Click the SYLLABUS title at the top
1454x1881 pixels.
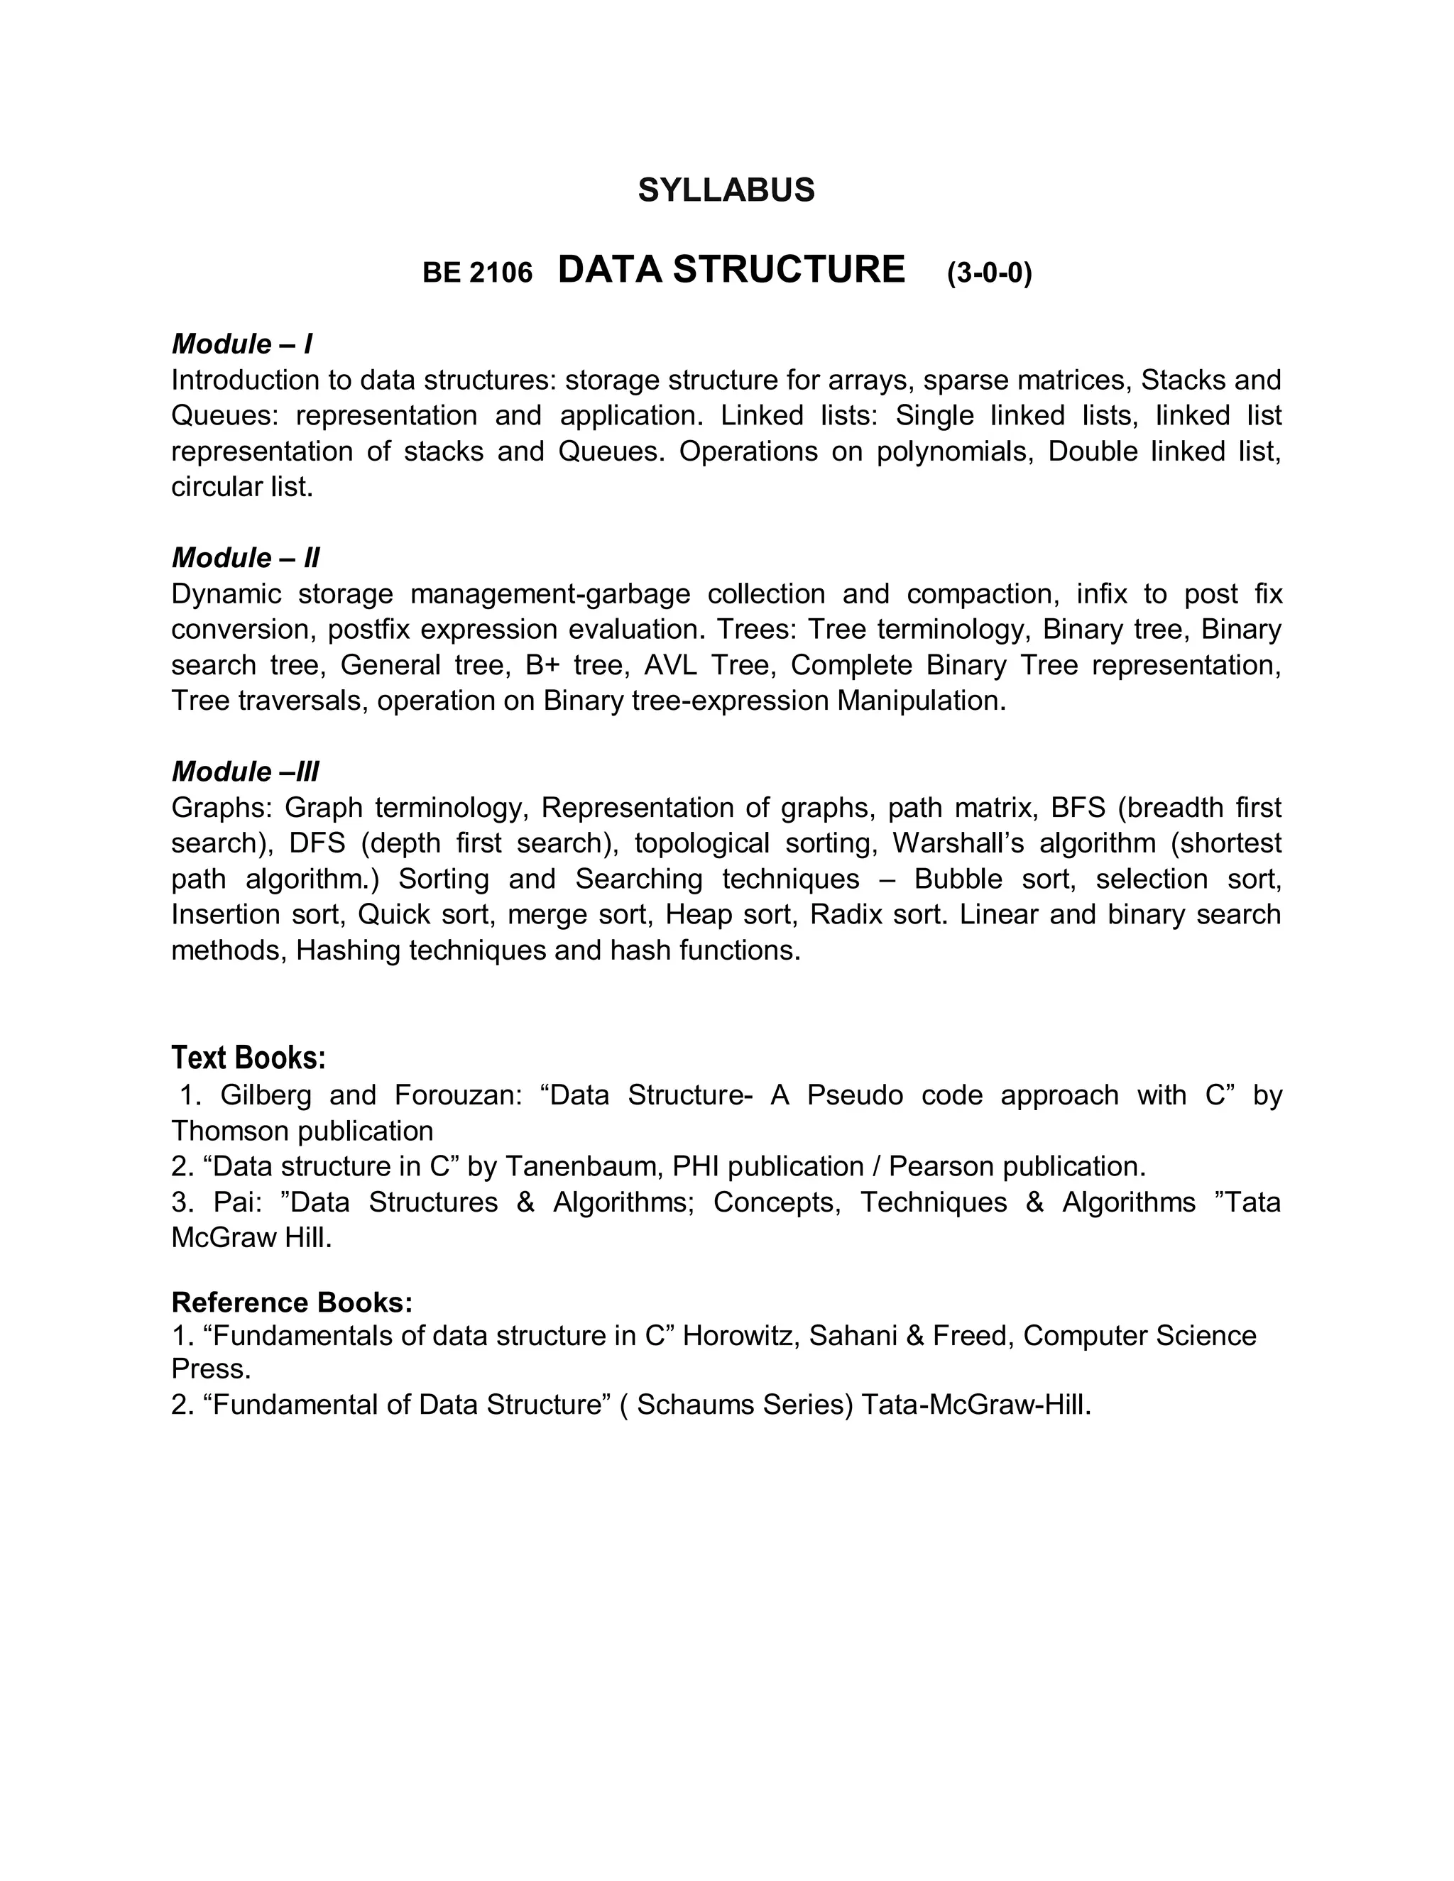pyautogui.click(x=726, y=190)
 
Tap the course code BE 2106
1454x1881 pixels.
pyautogui.click(x=477, y=273)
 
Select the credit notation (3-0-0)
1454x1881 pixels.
pyautogui.click(x=989, y=273)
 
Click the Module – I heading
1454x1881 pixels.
pyautogui.click(x=242, y=344)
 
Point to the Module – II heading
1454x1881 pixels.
pyautogui.click(x=246, y=558)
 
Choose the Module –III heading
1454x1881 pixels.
pyautogui.click(x=246, y=772)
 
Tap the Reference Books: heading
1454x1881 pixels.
pyautogui.click(x=292, y=1303)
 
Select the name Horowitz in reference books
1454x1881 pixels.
pyautogui.click(x=742, y=1336)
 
